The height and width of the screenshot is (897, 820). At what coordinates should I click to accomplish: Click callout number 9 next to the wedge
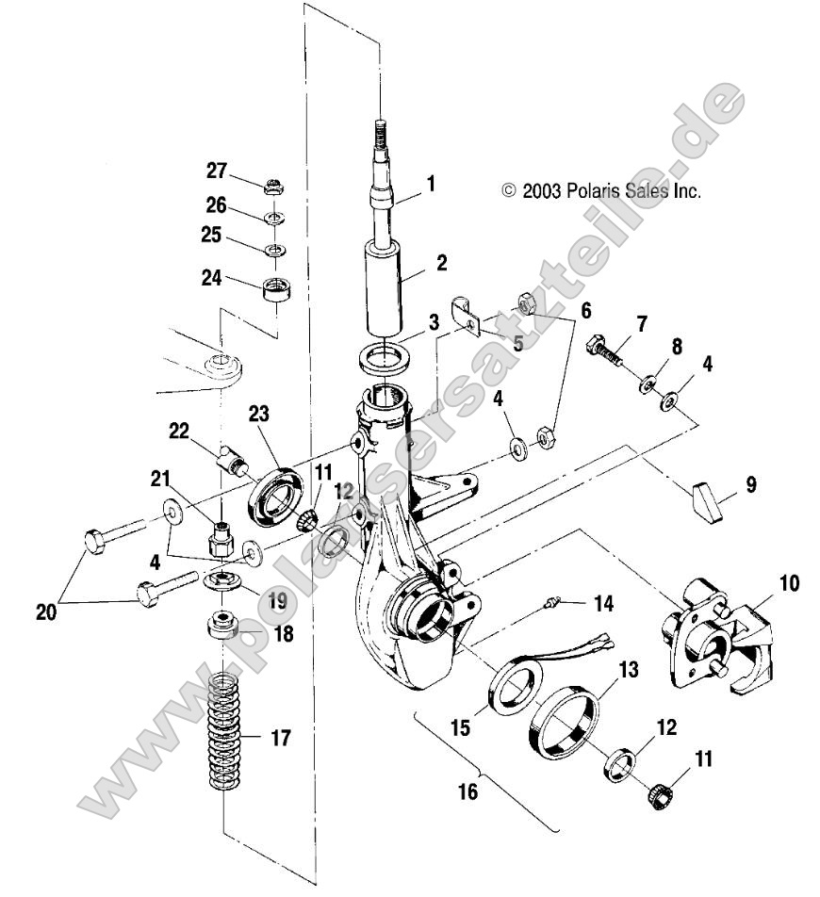pyautogui.click(x=750, y=485)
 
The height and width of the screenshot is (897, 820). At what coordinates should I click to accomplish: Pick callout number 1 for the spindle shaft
pyautogui.click(x=430, y=183)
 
